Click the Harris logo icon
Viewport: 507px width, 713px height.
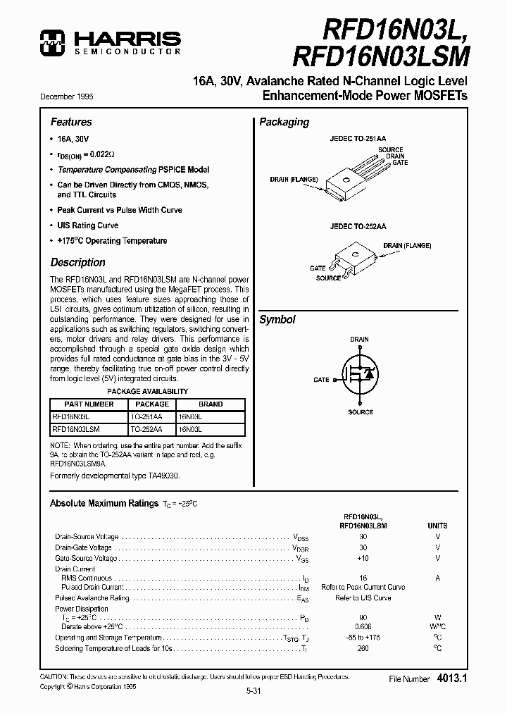pos(53,42)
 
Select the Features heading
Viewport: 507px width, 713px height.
pos(70,122)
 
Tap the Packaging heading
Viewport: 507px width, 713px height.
pos(284,122)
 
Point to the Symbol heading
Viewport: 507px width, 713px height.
pos(277,319)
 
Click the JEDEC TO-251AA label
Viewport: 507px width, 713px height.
pos(359,139)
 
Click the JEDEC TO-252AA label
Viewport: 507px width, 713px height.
pos(359,228)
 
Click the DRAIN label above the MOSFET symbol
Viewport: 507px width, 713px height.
pos(359,340)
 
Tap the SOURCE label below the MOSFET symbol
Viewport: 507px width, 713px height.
pos(361,411)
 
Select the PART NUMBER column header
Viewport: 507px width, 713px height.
pos(89,404)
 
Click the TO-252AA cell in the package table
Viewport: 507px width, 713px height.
pos(146,428)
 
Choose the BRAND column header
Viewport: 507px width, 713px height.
pos(210,404)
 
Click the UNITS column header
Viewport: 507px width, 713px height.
pos(437,526)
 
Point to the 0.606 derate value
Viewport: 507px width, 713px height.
pos(363,626)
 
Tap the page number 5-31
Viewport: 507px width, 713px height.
pos(253,691)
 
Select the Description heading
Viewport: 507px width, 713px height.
pos(77,262)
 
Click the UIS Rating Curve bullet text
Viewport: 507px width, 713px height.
pos(87,225)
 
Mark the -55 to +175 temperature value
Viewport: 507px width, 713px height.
pos(363,637)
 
